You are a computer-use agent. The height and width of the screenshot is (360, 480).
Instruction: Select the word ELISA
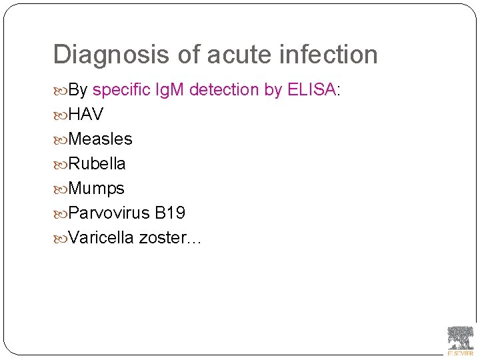[x=311, y=90]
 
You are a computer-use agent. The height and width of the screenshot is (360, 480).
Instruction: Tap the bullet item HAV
[x=86, y=115]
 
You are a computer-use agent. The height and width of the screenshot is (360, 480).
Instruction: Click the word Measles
[x=100, y=139]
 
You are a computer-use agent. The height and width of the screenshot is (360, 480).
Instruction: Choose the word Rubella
[x=97, y=163]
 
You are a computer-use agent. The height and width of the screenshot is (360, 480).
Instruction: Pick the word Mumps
[x=96, y=189]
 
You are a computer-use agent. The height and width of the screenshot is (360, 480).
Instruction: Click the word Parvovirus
[x=109, y=213]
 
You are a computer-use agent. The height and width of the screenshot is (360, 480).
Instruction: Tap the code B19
[x=170, y=213]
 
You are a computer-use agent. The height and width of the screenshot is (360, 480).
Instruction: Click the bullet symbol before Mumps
[x=61, y=189]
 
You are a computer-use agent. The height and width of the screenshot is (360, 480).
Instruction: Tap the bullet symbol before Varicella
[x=61, y=238]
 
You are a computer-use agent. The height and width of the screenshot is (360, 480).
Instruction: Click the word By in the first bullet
[x=79, y=90]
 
